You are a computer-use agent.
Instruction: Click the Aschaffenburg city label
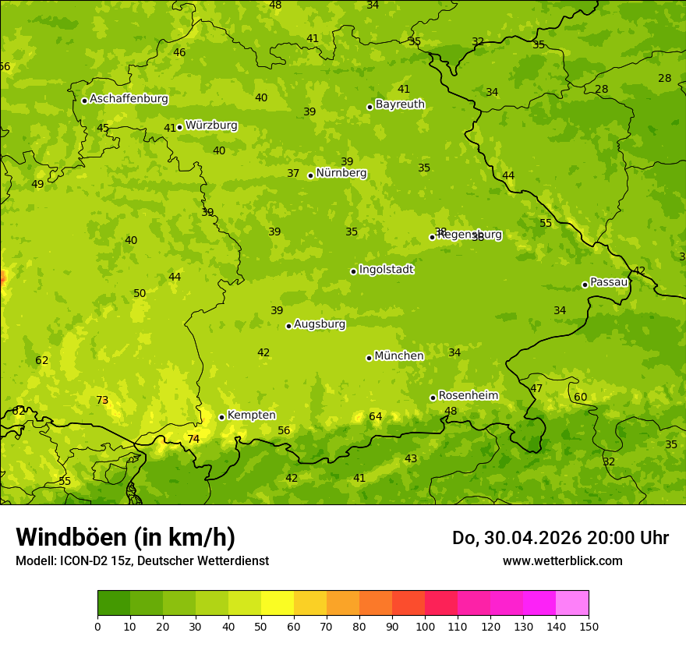pyautogui.click(x=129, y=99)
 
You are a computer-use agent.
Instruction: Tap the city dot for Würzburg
pyautogui.click(x=180, y=127)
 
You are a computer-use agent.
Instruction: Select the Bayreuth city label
pyautogui.click(x=400, y=104)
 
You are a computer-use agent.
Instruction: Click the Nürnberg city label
pyautogui.click(x=341, y=173)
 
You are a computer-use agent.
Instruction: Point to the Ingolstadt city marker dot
pyautogui.click(x=354, y=271)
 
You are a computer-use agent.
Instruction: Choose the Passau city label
pyautogui.click(x=608, y=282)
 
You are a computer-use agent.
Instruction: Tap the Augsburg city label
pyautogui.click(x=320, y=324)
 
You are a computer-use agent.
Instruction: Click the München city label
pyautogui.click(x=399, y=356)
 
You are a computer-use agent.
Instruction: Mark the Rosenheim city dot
pyautogui.click(x=433, y=398)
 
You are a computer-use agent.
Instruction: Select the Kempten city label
pyautogui.click(x=251, y=415)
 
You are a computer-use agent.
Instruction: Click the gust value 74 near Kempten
pyautogui.click(x=193, y=440)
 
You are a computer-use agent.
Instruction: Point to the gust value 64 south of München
pyautogui.click(x=376, y=417)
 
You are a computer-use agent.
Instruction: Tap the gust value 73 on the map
pyautogui.click(x=102, y=401)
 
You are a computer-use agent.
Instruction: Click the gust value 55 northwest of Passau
pyautogui.click(x=546, y=224)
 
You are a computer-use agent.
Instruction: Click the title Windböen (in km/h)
pyautogui.click(x=126, y=537)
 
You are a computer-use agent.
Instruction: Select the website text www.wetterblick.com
pyautogui.click(x=562, y=561)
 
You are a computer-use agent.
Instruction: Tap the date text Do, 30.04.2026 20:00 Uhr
pyautogui.click(x=560, y=538)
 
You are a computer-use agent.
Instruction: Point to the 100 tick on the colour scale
pyautogui.click(x=425, y=625)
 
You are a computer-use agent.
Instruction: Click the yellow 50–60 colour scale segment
pyautogui.click(x=278, y=603)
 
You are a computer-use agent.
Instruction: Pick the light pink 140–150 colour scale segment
pyautogui.click(x=572, y=603)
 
